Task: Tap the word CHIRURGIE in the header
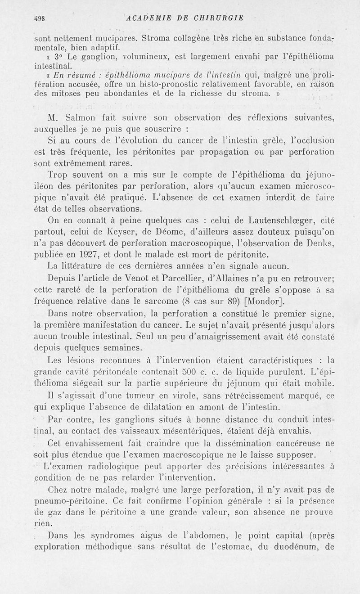coord(216,18)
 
